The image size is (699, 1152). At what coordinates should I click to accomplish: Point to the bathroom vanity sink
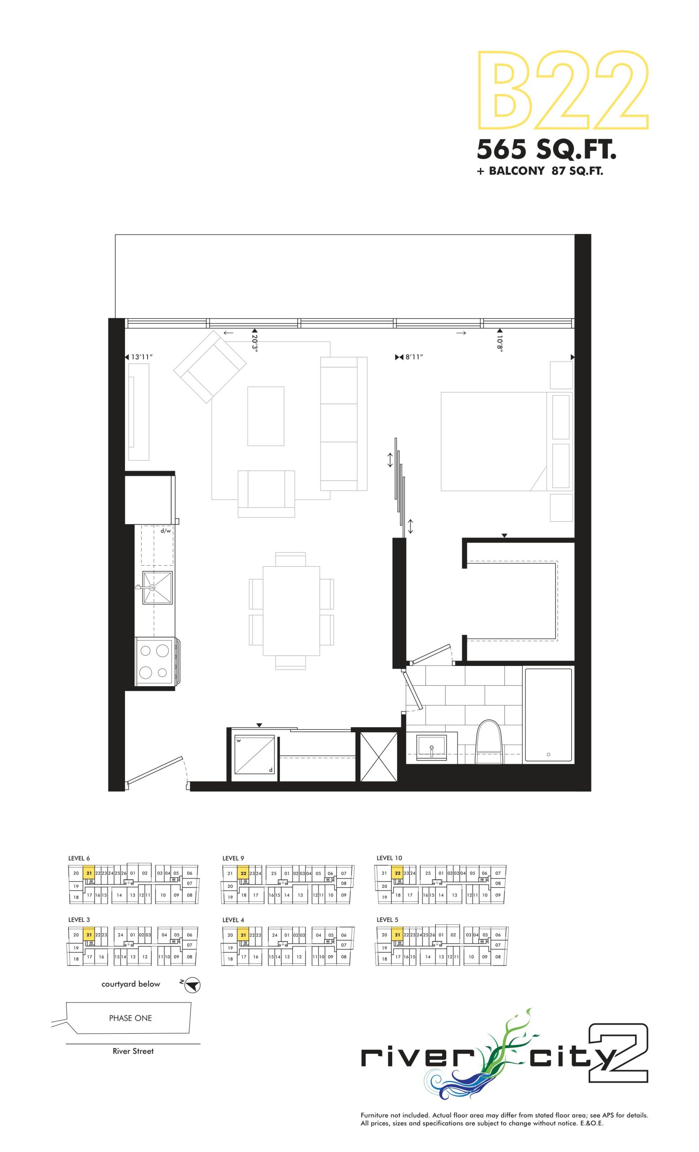pos(431,748)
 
